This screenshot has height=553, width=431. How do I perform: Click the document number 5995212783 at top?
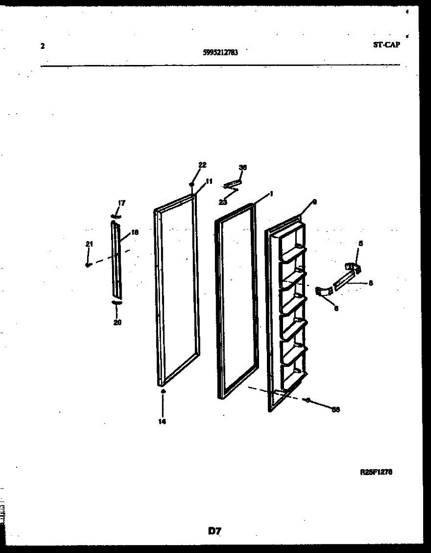pos(220,53)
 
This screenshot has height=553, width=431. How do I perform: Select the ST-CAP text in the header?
pos(386,45)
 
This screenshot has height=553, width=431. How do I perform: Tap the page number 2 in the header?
pos(42,46)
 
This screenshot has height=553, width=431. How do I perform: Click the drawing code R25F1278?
pos(376,472)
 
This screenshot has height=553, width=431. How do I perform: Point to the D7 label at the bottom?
pos(214,531)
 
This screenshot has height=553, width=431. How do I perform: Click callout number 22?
pos(202,165)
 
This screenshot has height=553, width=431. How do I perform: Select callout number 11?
pos(209,182)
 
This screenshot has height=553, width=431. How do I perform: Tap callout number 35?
pos(242,167)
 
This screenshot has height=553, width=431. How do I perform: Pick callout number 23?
pos(223,201)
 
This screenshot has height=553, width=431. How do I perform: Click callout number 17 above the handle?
pos(121,203)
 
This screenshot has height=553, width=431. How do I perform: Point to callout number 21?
pos(89,244)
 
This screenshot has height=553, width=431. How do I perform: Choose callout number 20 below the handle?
pos(117,323)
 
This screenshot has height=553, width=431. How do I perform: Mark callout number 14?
pos(162,421)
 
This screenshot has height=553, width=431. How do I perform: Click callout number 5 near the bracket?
pos(360,243)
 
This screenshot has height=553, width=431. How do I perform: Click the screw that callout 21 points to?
pos(87,265)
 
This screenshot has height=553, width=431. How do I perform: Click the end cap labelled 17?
pos(116,216)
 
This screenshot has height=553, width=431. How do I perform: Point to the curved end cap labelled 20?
pos(116,302)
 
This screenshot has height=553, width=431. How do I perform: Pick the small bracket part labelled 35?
pos(231,185)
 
